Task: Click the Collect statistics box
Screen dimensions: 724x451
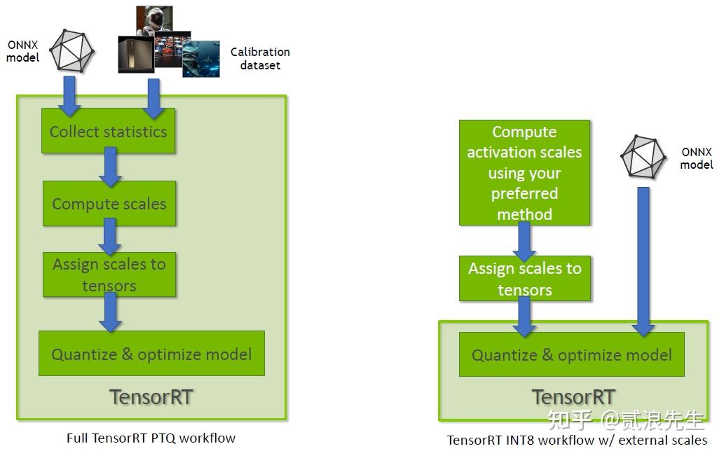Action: (x=108, y=131)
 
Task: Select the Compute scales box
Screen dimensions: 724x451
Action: (x=109, y=203)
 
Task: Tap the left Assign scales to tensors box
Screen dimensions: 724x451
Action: (x=109, y=275)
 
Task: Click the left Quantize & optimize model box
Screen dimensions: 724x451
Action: (x=151, y=353)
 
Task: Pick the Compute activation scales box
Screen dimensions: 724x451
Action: (x=524, y=172)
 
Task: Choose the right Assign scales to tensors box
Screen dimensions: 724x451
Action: (x=525, y=279)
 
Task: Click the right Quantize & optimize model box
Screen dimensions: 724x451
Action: (x=572, y=354)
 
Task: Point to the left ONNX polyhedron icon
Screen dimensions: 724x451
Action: (x=72, y=50)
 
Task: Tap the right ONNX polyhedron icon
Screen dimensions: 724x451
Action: (x=643, y=157)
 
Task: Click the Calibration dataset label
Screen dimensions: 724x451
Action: (x=260, y=59)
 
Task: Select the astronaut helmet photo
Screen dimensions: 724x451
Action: (x=155, y=20)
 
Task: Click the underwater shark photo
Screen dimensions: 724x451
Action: (x=201, y=59)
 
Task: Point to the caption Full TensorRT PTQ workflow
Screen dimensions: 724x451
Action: (x=151, y=438)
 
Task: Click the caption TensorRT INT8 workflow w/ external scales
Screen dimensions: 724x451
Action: (x=577, y=440)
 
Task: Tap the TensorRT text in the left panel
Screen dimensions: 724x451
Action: (x=151, y=397)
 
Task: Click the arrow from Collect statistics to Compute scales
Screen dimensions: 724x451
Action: (x=110, y=167)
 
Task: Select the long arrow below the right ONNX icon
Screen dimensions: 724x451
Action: (x=643, y=261)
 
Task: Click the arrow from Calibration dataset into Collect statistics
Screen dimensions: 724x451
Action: (x=153, y=99)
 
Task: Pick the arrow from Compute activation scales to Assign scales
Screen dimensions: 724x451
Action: (x=524, y=242)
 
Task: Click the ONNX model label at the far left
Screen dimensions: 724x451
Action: (x=22, y=51)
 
